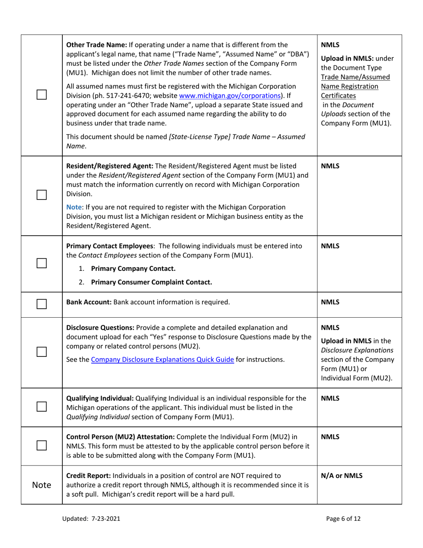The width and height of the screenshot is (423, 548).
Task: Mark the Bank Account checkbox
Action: tap(41, 303)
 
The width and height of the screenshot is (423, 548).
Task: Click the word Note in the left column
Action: tap(41, 485)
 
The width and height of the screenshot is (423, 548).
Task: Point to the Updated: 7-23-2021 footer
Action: tap(93, 518)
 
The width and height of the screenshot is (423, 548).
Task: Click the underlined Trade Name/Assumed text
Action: tap(355, 77)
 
